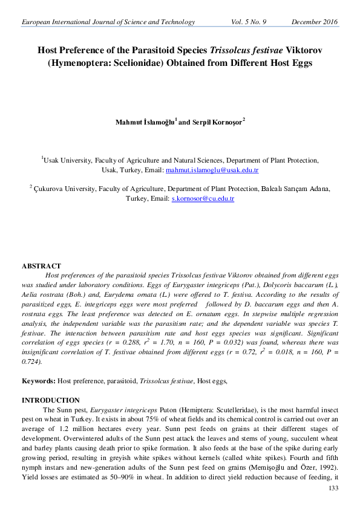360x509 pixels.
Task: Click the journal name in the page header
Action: pos(108,22)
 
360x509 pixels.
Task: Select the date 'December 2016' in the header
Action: pos(315,22)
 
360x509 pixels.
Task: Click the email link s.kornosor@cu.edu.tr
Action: pos(203,198)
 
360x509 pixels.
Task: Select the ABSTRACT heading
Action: pos(41,266)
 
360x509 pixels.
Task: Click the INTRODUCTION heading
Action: pos(51,400)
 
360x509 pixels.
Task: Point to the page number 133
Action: pos(332,488)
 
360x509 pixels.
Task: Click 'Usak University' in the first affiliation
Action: pos(68,161)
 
